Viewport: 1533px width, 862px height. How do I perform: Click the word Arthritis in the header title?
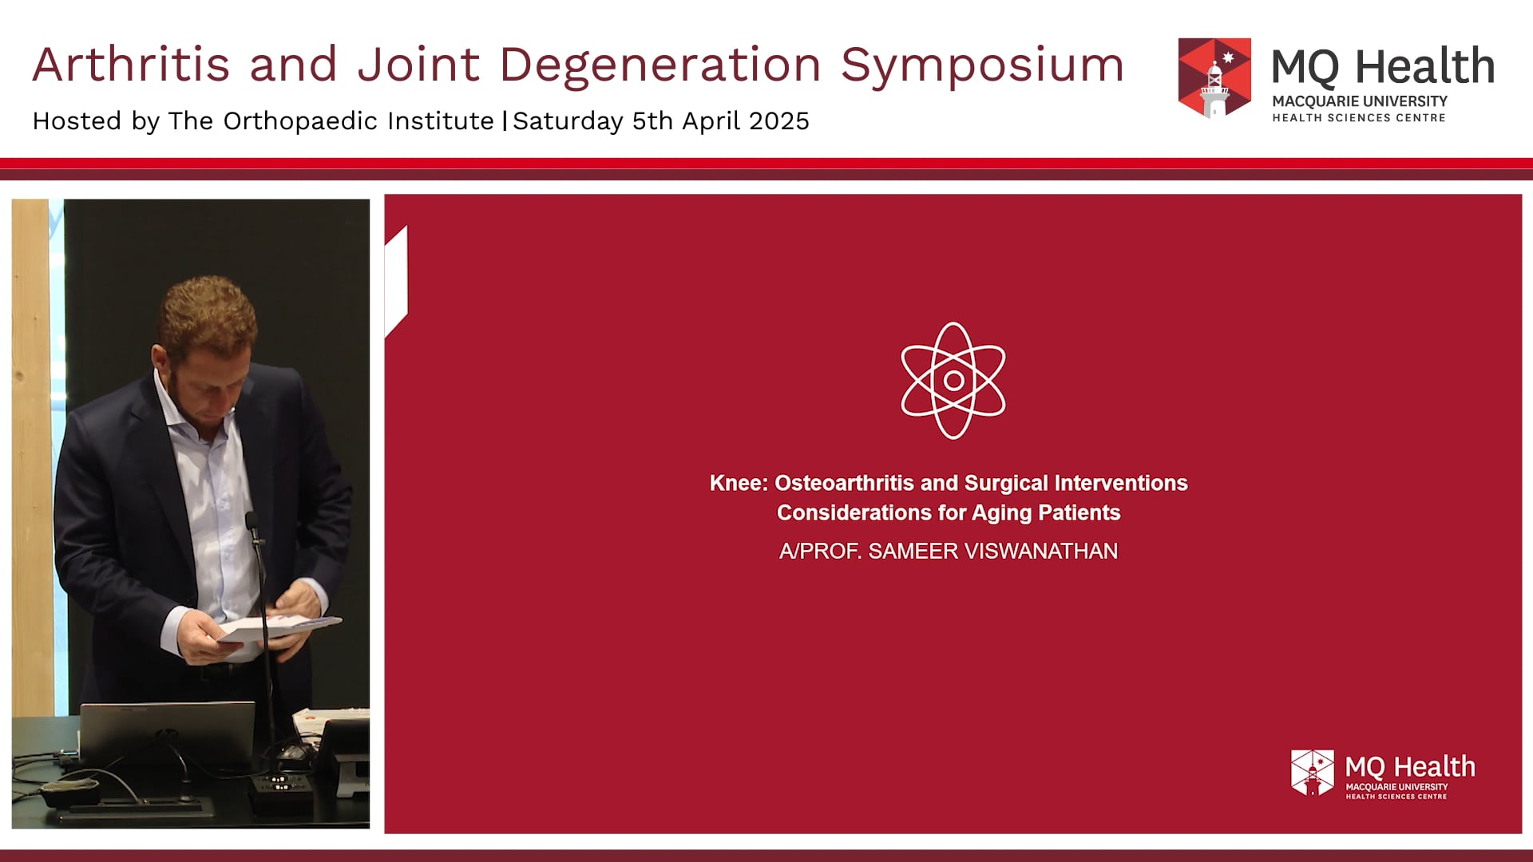click(131, 65)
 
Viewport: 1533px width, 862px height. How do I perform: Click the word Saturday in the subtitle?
click(568, 121)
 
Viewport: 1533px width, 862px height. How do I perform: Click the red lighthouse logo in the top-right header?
click(1214, 78)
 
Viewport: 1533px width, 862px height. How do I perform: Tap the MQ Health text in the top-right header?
click(1383, 66)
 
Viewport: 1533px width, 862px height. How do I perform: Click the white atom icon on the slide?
click(953, 381)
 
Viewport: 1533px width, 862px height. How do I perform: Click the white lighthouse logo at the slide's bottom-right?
click(1312, 773)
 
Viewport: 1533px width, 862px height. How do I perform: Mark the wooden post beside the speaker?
click(30, 455)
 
